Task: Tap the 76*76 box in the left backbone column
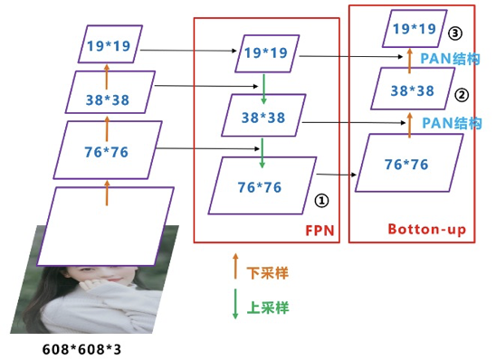(x=107, y=151)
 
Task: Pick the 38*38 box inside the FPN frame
(x=264, y=118)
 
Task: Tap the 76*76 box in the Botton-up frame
(x=407, y=164)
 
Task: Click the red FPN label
(x=319, y=230)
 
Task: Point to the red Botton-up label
(x=426, y=230)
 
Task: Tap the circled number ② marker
(x=461, y=93)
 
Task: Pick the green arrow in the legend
(x=235, y=302)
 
